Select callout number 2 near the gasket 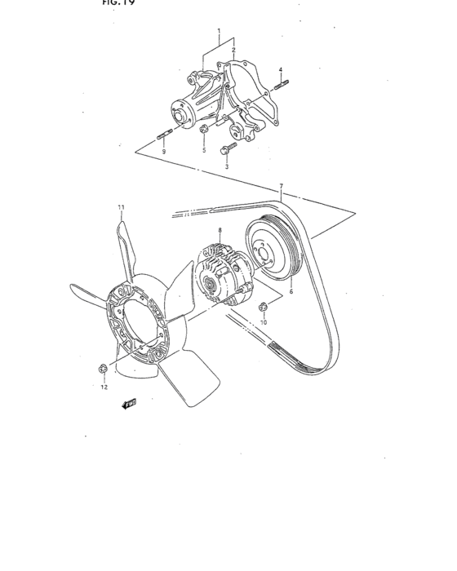coord(233,51)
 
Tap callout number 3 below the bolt coord(228,166)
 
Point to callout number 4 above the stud coord(281,70)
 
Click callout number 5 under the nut coord(204,151)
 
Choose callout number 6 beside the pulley coord(291,290)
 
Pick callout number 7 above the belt coord(282,187)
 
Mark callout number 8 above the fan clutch coord(220,231)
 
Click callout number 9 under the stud coord(163,152)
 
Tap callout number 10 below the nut coord(264,323)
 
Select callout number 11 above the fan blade coord(121,208)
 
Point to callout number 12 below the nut coord(104,387)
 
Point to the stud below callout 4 coord(281,84)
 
